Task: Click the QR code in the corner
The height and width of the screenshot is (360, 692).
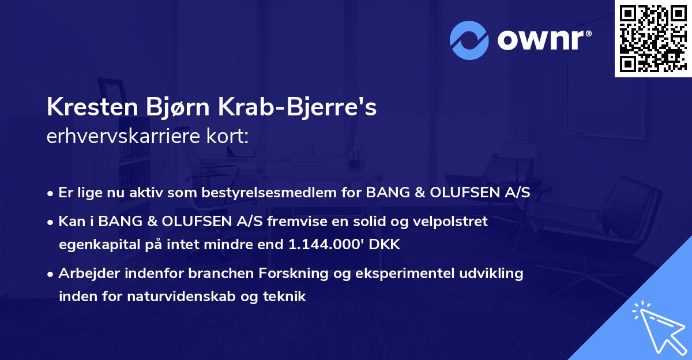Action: pyautogui.click(x=653, y=38)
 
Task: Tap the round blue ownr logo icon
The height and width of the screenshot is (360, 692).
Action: pyautogui.click(x=469, y=40)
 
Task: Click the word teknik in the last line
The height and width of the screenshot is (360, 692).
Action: pyautogui.click(x=286, y=297)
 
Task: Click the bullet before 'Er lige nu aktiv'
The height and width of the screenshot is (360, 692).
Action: pyautogui.click(x=51, y=193)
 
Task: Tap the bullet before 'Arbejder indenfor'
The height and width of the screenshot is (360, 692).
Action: pyautogui.click(x=51, y=274)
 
